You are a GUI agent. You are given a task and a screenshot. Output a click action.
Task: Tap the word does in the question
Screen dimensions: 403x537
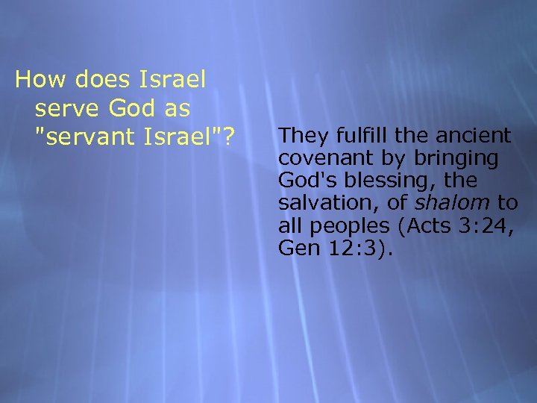pos(95,78)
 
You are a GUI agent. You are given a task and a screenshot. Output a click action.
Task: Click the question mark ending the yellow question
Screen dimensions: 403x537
pos(230,138)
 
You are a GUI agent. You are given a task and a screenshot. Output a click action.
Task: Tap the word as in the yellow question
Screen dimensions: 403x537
pos(178,108)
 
